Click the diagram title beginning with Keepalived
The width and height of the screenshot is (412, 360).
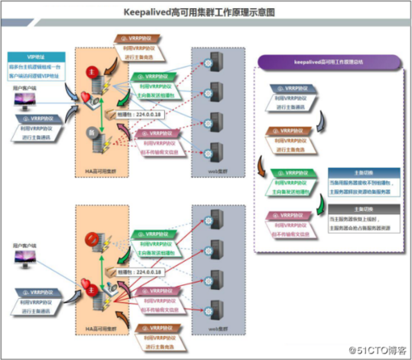[206, 12]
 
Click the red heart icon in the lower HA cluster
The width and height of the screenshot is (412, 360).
[84, 284]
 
